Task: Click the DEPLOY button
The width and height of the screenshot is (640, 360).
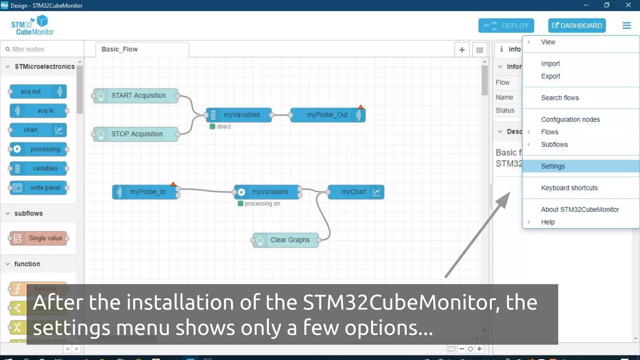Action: pos(506,26)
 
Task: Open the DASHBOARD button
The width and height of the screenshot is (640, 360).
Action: pos(577,26)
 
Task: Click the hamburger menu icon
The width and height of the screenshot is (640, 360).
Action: pos(626,26)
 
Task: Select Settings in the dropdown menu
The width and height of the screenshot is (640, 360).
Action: pos(553,166)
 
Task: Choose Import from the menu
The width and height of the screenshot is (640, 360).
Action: pos(550,64)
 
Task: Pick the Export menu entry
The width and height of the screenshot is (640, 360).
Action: pos(550,76)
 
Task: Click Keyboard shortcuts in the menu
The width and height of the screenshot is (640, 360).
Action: pos(569,188)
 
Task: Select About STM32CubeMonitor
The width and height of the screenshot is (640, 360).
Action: pos(580,209)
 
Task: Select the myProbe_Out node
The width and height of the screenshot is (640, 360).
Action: pos(327,115)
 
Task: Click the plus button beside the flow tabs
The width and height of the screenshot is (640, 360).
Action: pos(462,50)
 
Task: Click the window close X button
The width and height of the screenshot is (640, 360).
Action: pos(628,5)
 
